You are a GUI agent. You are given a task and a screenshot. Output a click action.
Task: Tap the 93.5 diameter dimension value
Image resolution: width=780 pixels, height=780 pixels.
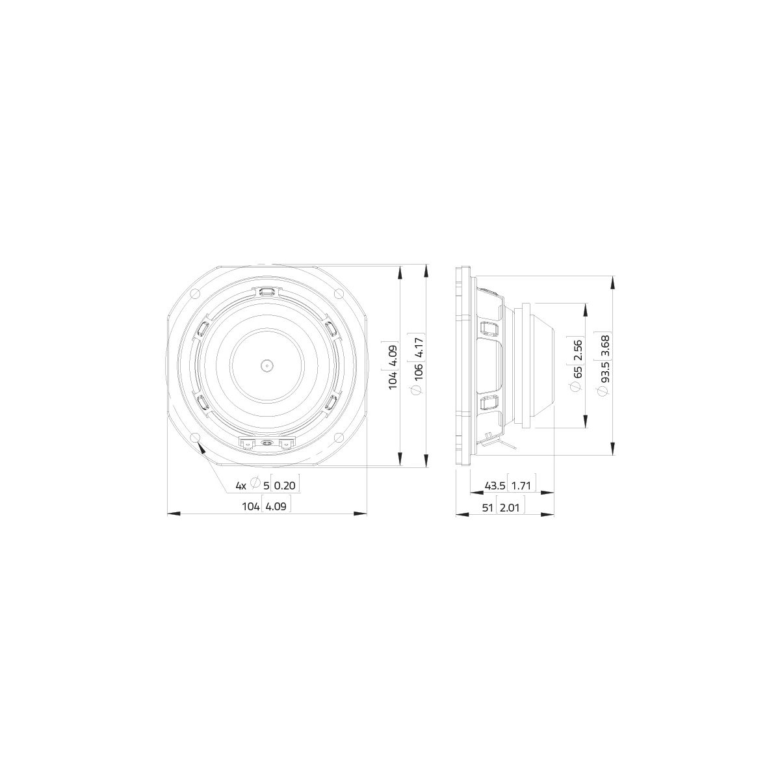pos(604,374)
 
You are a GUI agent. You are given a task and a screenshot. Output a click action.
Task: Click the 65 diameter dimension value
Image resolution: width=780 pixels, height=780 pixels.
pos(578,372)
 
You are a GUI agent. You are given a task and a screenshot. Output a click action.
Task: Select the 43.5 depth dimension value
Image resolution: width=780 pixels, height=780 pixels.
pos(495,486)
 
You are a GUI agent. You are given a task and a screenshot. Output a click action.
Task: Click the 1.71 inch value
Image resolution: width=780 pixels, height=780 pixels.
pos(521,486)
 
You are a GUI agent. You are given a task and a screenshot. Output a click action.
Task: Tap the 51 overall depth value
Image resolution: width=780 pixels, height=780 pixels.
pos(489,507)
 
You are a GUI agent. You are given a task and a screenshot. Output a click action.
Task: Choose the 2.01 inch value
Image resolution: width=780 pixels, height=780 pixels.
pos(510,507)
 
